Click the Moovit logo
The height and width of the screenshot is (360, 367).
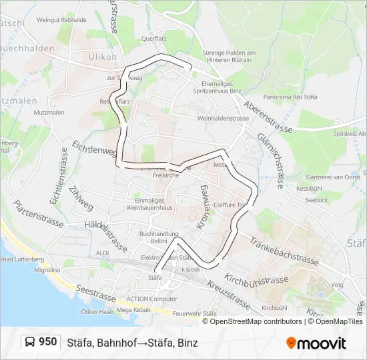point(316,343)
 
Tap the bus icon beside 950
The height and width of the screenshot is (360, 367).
point(31,343)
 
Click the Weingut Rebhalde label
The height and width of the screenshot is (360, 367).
point(61,20)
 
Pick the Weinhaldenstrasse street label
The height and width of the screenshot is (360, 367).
point(223,118)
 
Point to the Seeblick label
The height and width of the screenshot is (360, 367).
point(316,200)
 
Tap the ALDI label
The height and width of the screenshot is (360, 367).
point(102,253)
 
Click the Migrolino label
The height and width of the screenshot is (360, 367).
point(47,271)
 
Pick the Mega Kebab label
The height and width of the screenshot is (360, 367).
point(133,309)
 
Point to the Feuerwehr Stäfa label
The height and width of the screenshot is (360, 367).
point(195,313)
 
